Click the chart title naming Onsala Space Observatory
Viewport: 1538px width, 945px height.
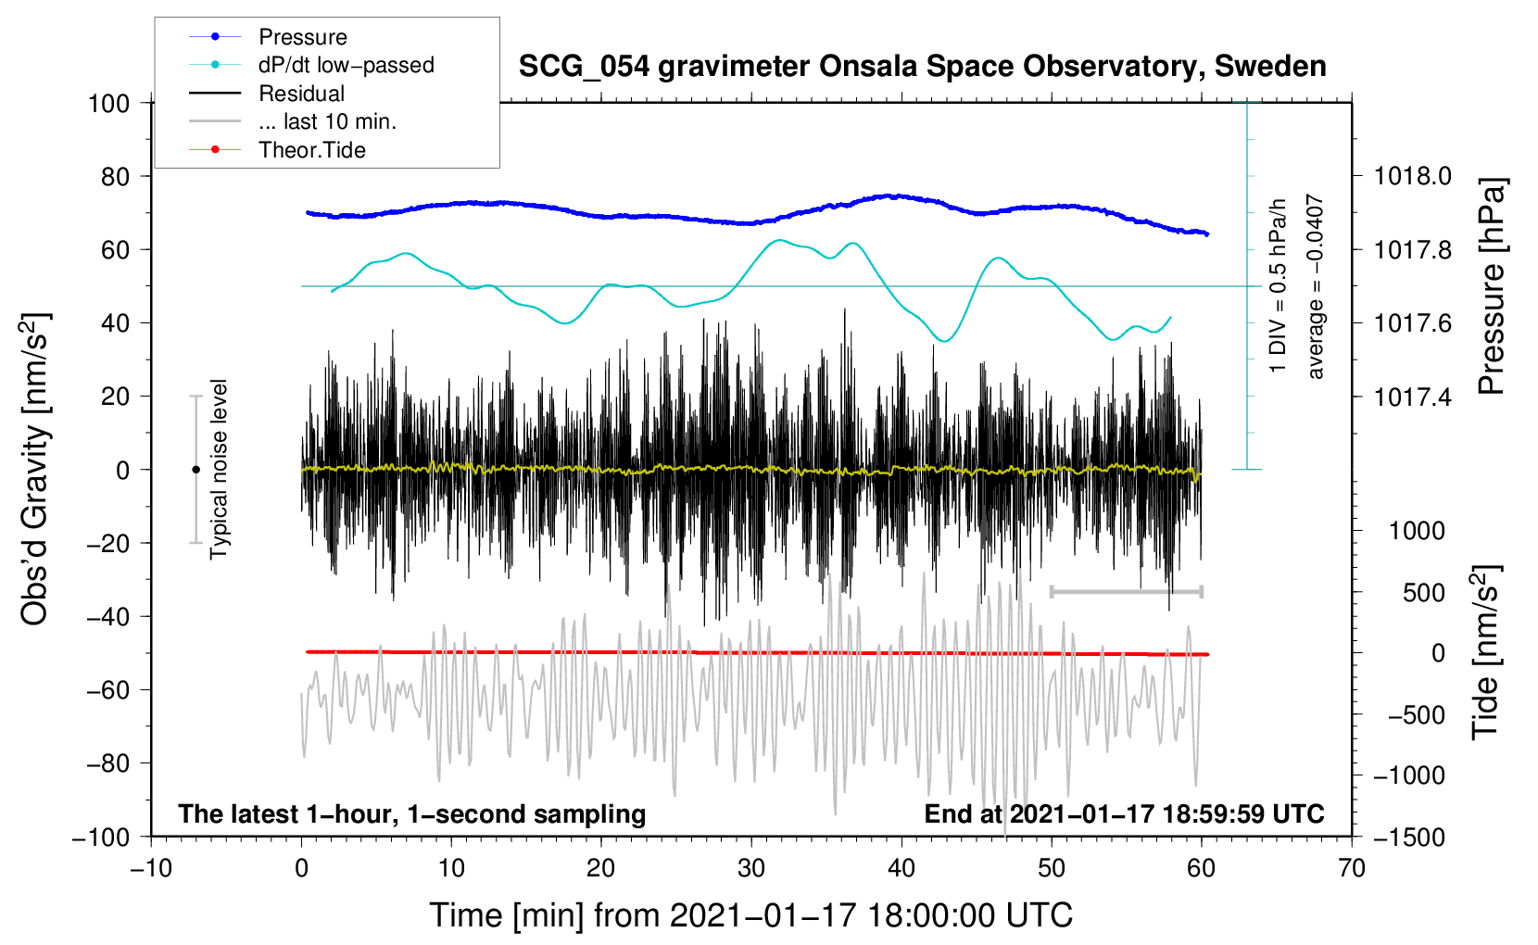(x=922, y=67)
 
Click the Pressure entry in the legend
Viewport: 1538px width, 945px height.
(x=302, y=37)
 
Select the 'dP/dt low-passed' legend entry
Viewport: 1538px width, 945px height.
(x=346, y=65)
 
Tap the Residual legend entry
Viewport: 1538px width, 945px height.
(x=301, y=94)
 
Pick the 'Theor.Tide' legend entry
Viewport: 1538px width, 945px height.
(x=311, y=150)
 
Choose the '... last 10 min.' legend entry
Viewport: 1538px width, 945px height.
(x=327, y=121)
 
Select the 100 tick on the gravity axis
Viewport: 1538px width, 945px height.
(x=108, y=103)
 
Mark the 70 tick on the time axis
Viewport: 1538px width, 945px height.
(x=1352, y=868)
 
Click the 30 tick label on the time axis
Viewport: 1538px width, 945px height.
(x=751, y=868)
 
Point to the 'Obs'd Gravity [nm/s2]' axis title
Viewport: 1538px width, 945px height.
(x=35, y=470)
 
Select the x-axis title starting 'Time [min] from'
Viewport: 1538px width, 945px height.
(x=750, y=915)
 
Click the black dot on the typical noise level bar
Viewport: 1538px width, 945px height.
(x=195, y=470)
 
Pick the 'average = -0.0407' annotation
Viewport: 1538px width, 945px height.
(x=1316, y=286)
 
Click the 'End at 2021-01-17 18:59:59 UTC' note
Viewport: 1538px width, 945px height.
(x=1124, y=814)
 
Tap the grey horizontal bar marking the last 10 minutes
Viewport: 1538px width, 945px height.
(x=1126, y=591)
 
